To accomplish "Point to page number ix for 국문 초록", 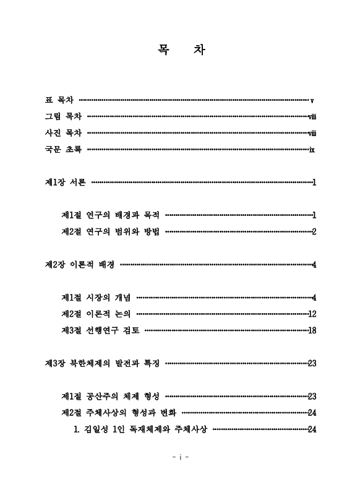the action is tap(313, 150).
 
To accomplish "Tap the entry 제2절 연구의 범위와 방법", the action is tap(111, 232).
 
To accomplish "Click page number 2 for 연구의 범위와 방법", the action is tap(314, 232).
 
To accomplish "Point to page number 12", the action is tap(312, 314).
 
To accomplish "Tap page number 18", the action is tap(312, 330).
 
